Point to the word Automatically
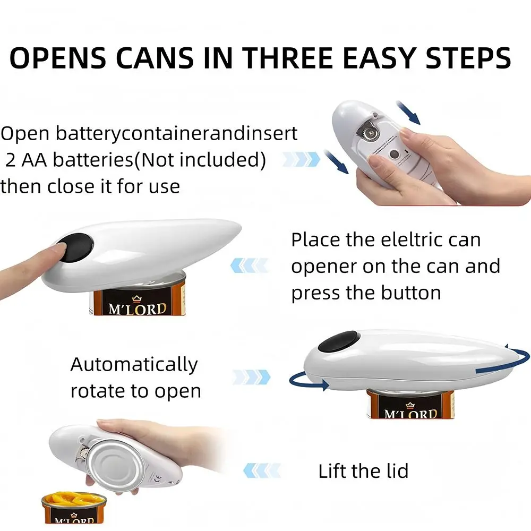pyautogui.click(x=134, y=365)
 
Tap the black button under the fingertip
pyautogui.click(x=75, y=247)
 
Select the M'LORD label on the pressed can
pyautogui.click(x=138, y=309)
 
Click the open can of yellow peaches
pyautogui.click(x=74, y=507)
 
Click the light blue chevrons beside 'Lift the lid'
pyautogui.click(x=262, y=470)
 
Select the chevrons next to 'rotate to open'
pyautogui.click(x=252, y=377)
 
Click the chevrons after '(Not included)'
pyautogui.click(x=301, y=159)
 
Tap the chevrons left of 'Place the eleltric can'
pyautogui.click(x=249, y=265)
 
